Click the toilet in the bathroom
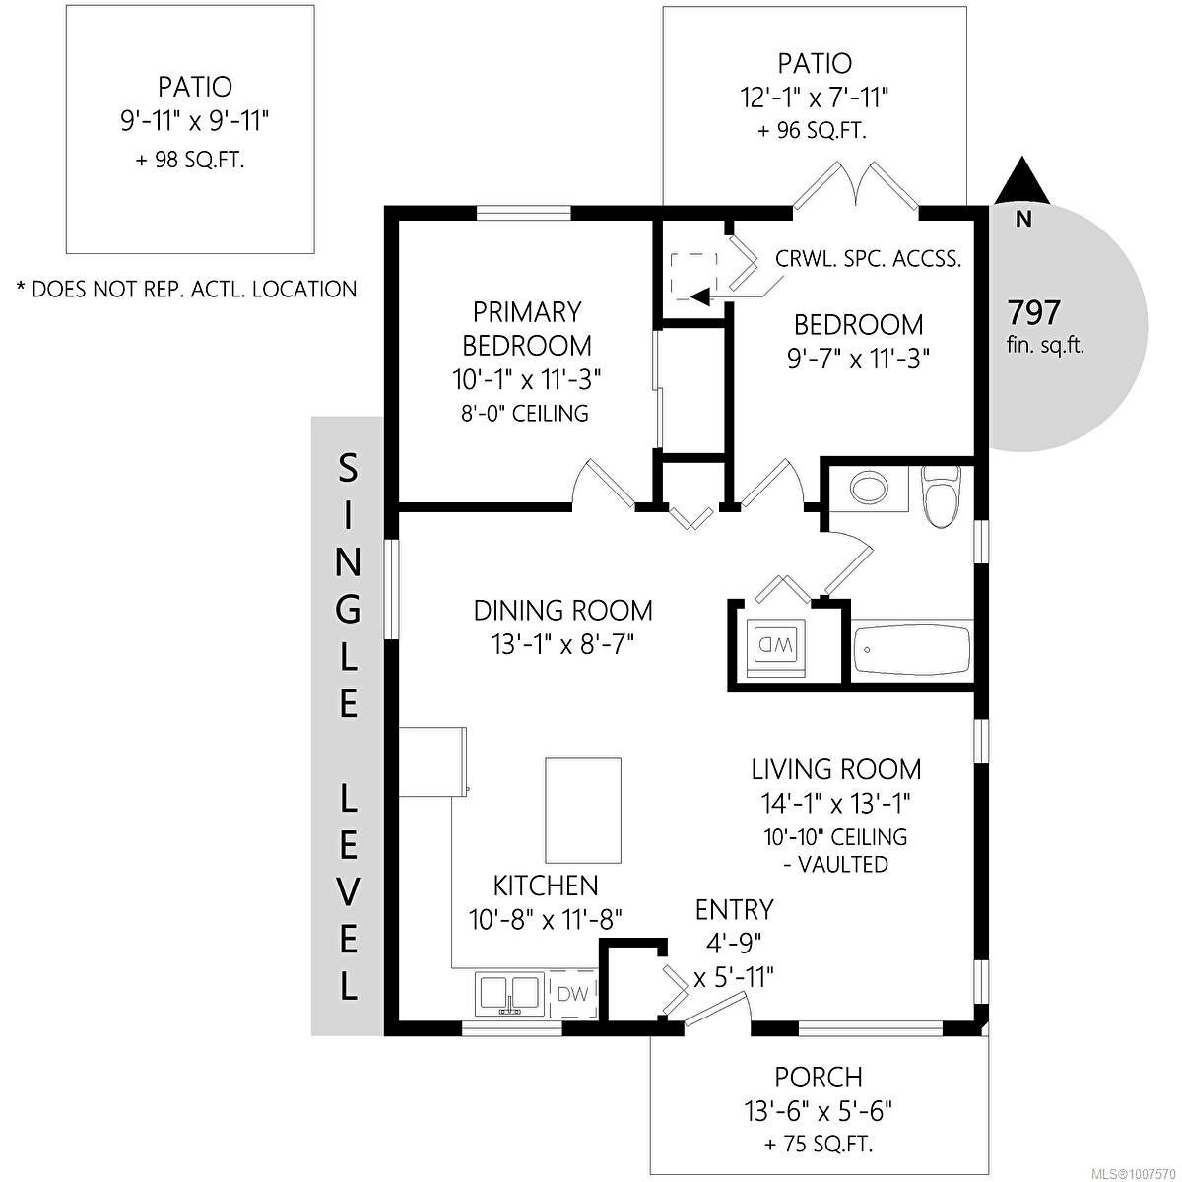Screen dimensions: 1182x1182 [x=941, y=495]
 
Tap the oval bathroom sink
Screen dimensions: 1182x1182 [x=869, y=488]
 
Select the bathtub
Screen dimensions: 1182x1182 [x=911, y=649]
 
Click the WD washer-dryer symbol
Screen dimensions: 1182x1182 [x=776, y=647]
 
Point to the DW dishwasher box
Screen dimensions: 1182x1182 [x=573, y=993]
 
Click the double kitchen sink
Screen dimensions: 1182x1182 [x=509, y=995]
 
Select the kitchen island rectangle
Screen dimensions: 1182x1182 [x=583, y=810]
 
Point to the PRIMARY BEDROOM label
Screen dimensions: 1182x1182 [x=527, y=329]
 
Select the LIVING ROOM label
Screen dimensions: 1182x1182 [x=836, y=769]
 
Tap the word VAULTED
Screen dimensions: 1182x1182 [x=843, y=864]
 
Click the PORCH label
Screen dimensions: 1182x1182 [x=819, y=1078]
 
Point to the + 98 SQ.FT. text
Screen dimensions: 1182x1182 [x=190, y=161]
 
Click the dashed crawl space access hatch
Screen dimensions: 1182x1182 [x=693, y=277]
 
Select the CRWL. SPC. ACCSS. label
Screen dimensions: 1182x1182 [x=868, y=258]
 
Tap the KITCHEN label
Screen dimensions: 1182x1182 [x=546, y=886]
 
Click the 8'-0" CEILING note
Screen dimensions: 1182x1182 [x=525, y=413]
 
